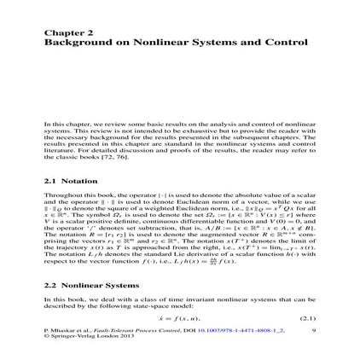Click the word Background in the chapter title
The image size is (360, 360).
tap(76, 40)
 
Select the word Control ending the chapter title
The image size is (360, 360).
tap(290, 40)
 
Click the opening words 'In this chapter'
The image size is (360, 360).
tap(60, 124)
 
